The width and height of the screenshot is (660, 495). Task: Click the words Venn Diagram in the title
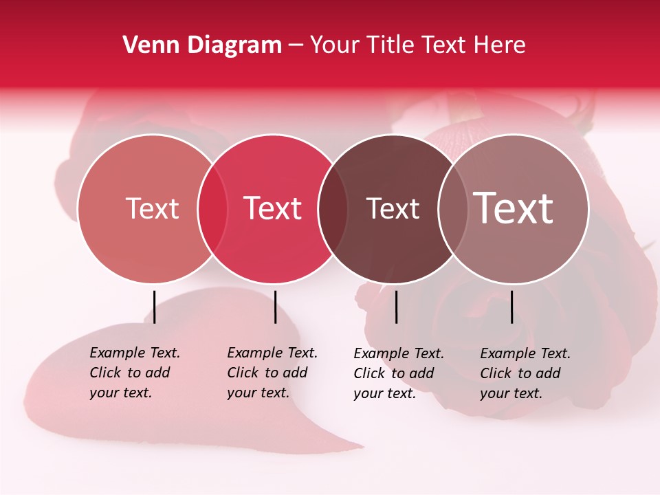pos(202,45)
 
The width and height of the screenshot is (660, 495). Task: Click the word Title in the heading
pos(389,45)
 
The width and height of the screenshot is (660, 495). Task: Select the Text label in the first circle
pos(152,208)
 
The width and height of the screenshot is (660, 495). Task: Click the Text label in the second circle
pos(273,208)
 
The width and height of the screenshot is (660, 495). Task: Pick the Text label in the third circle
pos(393,208)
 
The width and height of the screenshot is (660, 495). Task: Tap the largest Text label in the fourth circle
pos(514,208)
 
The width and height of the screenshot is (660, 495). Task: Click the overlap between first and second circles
pos(212,208)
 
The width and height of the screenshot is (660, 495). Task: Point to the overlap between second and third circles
pos(333,208)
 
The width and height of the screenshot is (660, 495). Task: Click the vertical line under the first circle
pos(154,307)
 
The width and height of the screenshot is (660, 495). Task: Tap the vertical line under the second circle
pos(275,307)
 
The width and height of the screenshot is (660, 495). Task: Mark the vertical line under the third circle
pos(396,307)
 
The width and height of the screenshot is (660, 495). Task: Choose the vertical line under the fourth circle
pos(511,307)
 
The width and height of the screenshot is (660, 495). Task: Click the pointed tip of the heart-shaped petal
pos(360,446)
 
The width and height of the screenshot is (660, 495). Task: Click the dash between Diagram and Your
pos(296,46)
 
